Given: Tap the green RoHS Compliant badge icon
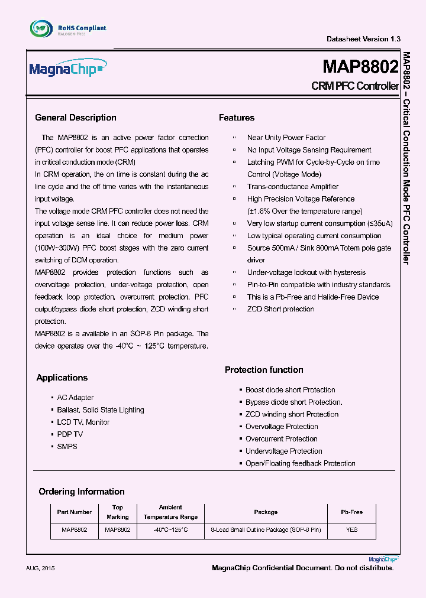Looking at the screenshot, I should click(40, 28).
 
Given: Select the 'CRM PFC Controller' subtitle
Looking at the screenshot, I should click(354, 86).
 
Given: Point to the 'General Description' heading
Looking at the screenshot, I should click(76, 118).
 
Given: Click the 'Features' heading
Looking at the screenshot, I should click(237, 118).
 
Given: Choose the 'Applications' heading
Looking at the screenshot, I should click(62, 378).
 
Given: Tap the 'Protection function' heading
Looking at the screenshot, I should click(264, 370).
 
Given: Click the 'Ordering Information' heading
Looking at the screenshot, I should click(82, 492).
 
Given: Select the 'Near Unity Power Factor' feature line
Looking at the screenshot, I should click(286, 138).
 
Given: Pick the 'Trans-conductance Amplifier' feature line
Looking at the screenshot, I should click(293, 187).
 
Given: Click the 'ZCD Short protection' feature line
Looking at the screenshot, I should click(280, 309).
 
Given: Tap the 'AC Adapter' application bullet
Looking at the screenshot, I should click(75, 398).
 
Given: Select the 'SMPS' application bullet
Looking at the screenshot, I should click(67, 447).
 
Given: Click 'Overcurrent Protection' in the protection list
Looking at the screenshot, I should click(282, 439).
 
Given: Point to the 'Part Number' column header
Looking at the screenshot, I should click(75, 512).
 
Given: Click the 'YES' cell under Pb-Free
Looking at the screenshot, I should click(351, 530).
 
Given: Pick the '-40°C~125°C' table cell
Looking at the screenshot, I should click(170, 530).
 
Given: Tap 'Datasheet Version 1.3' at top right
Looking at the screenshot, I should click(363, 39).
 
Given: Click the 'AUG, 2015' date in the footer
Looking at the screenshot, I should click(41, 568).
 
